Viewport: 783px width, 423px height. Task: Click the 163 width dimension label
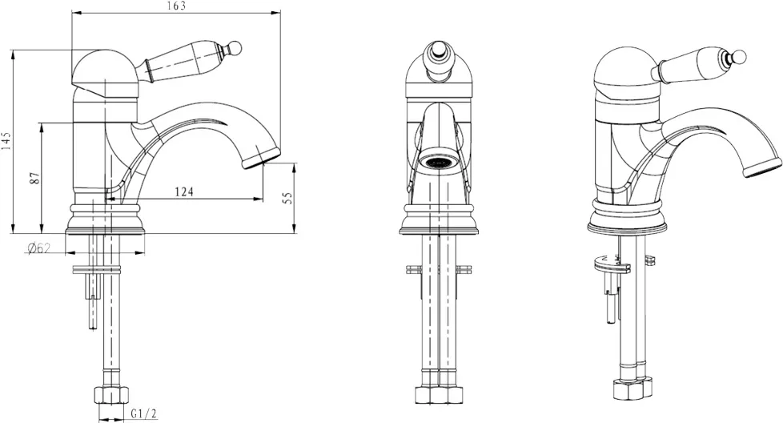click(x=177, y=6)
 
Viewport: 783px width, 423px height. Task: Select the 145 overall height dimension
click(x=6, y=141)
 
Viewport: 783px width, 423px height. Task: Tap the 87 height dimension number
click(x=34, y=178)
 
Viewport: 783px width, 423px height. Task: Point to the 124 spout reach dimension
click(x=184, y=191)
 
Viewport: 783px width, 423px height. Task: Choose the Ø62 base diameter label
click(x=39, y=248)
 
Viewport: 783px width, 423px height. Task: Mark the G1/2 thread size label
click(x=144, y=414)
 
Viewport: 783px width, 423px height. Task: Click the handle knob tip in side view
click(x=235, y=48)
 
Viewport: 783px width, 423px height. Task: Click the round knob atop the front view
click(x=437, y=51)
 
